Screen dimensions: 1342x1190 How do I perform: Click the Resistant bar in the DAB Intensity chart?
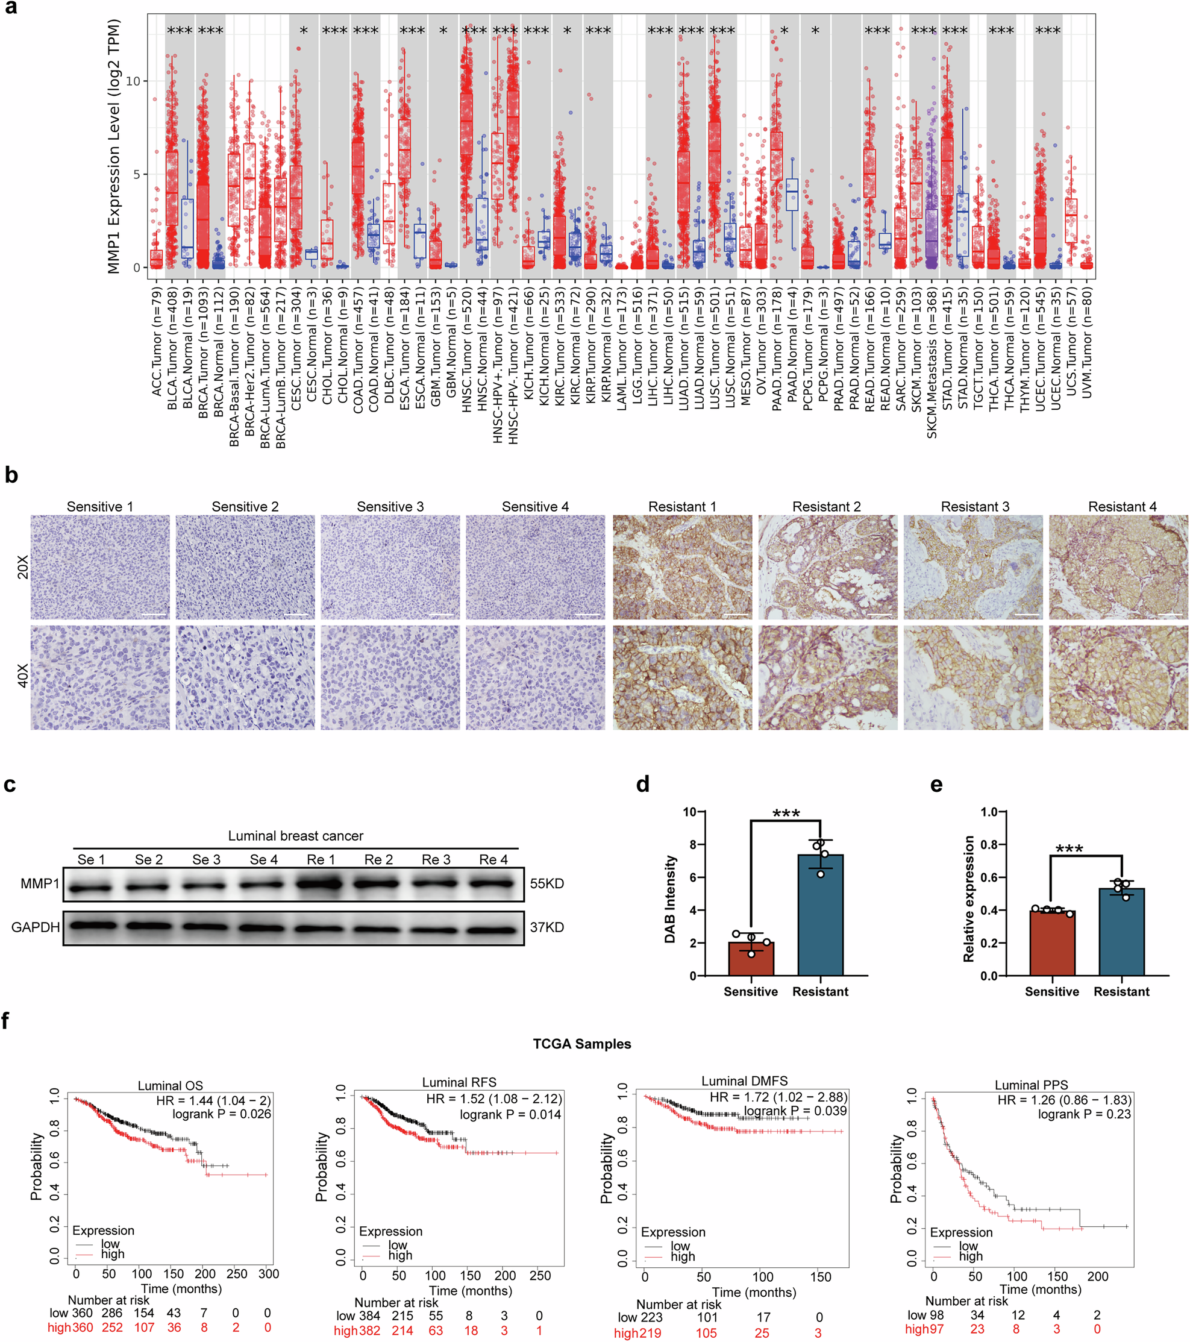(820, 919)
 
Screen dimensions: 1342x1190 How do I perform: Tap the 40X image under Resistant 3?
(972, 677)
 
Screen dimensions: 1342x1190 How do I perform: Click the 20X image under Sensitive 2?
(245, 566)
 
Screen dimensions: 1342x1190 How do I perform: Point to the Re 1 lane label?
(321, 859)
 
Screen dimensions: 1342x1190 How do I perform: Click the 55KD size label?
(546, 884)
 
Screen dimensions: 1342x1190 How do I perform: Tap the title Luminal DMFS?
(744, 1080)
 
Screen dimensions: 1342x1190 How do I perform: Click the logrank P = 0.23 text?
(1085, 1114)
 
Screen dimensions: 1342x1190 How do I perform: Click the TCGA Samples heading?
(581, 1044)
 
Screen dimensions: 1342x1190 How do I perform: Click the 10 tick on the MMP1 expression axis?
(133, 81)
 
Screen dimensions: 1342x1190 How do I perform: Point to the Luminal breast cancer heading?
(295, 836)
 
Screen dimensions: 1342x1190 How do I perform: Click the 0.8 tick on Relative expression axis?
(989, 844)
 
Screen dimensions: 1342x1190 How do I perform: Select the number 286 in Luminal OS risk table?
(111, 1313)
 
